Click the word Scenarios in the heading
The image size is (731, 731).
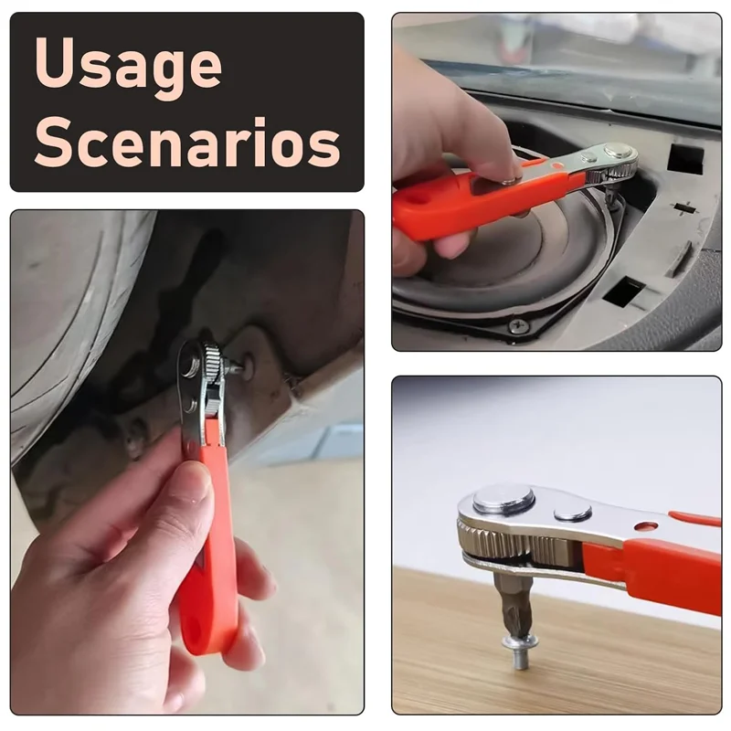click(x=187, y=142)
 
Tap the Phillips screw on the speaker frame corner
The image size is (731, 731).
click(x=518, y=325)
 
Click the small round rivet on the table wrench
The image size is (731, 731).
click(x=573, y=513)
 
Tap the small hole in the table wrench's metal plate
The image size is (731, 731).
click(x=646, y=527)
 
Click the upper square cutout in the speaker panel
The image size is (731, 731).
click(x=684, y=159)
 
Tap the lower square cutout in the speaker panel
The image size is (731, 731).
click(x=624, y=291)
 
